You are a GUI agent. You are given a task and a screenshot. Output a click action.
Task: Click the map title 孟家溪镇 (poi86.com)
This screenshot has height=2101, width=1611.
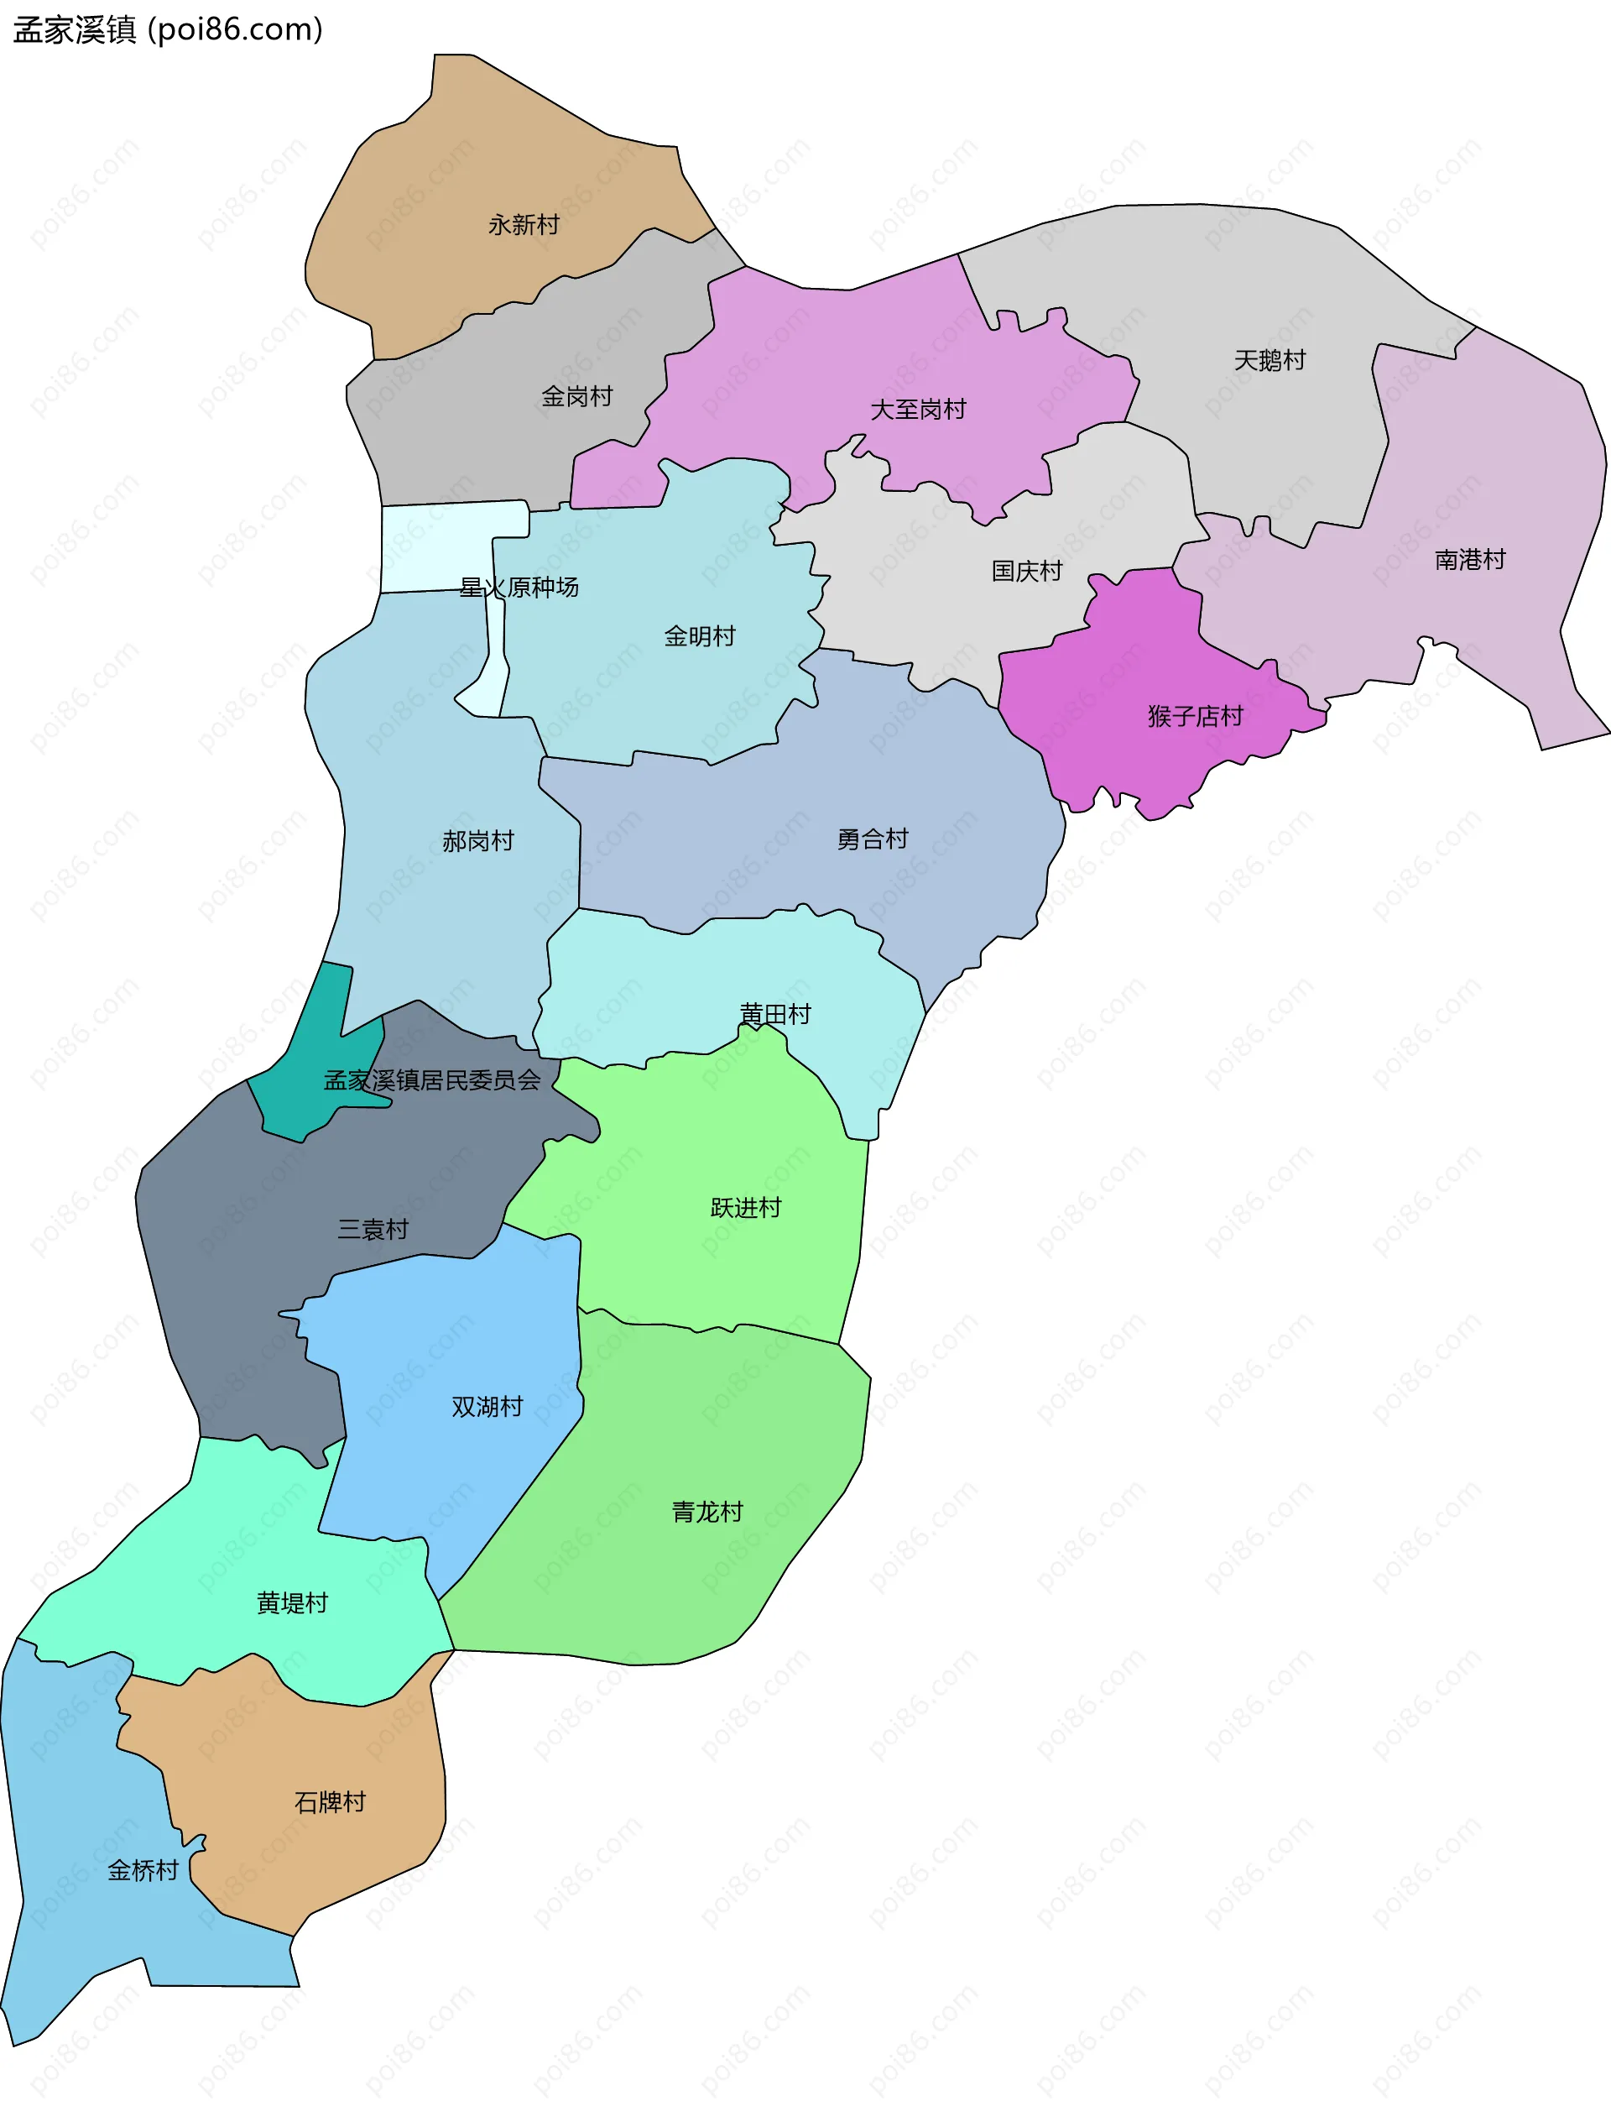pos(168,29)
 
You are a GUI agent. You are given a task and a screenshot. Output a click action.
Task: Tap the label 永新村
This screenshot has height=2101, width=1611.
pos(524,224)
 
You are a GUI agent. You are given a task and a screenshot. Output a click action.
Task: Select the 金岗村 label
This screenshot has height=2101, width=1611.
pos(576,396)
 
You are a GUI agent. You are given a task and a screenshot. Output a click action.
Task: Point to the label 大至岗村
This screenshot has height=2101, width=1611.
pos(918,410)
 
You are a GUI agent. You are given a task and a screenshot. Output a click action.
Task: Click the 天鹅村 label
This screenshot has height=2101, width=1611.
pos(1270,361)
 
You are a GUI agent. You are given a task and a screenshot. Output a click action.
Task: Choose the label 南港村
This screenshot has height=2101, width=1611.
pos(1470,559)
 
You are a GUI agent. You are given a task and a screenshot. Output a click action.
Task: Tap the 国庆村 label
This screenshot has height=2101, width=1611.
pos(1027,571)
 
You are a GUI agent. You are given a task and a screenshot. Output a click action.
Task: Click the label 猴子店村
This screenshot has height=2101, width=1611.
pos(1195,716)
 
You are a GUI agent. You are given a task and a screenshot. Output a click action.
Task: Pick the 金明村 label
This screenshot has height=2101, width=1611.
pos(700,636)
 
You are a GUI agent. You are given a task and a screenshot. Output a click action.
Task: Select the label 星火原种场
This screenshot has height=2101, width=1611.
pos(519,587)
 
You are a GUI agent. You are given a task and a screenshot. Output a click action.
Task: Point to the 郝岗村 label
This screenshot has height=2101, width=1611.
pos(477,840)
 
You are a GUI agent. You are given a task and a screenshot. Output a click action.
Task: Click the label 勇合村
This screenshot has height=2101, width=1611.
pos(873,839)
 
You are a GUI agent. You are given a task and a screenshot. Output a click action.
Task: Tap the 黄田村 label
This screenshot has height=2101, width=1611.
pos(774,1014)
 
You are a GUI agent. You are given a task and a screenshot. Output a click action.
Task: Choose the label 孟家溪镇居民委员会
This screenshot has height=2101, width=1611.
pos(432,1080)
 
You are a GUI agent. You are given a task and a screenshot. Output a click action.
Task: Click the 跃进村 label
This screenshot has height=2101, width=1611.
pos(746,1207)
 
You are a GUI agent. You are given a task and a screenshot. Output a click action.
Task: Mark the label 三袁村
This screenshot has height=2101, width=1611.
pos(373,1229)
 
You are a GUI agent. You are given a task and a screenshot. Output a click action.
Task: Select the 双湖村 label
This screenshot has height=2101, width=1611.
pos(487,1407)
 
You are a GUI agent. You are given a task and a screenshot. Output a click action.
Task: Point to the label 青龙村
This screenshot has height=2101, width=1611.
pos(707,1512)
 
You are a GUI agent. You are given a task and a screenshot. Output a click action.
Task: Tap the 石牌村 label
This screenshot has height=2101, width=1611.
pos(330,1801)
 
